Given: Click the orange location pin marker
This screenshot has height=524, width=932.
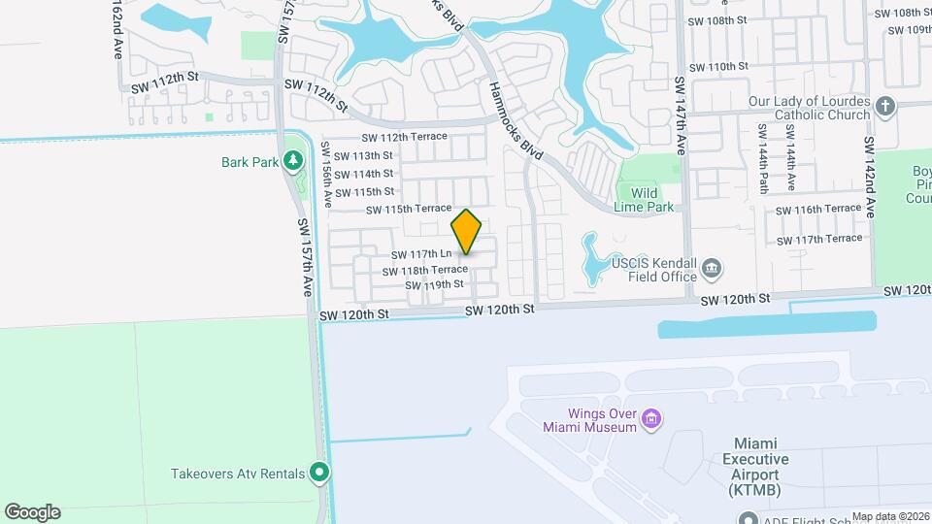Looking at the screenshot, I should click(x=467, y=232).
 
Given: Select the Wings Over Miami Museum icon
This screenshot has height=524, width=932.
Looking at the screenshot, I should click(x=651, y=419).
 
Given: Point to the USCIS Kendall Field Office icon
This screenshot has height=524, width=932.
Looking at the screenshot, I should click(x=712, y=267).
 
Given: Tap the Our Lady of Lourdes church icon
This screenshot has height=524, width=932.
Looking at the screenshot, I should click(x=884, y=106).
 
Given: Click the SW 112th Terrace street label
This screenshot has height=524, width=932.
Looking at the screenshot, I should click(x=405, y=137).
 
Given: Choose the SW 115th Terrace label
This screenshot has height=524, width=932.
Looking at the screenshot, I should click(x=409, y=209).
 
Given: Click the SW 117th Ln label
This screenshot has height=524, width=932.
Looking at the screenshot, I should click(x=419, y=254).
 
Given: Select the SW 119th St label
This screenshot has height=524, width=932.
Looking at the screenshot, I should click(x=435, y=284).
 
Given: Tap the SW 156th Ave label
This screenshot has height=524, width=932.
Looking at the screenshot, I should click(x=328, y=174).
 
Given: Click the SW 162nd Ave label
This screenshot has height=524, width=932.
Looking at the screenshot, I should click(x=116, y=29).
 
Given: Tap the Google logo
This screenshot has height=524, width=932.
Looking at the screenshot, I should click(x=32, y=512).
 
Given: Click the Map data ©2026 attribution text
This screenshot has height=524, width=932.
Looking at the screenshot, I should click(x=890, y=516).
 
